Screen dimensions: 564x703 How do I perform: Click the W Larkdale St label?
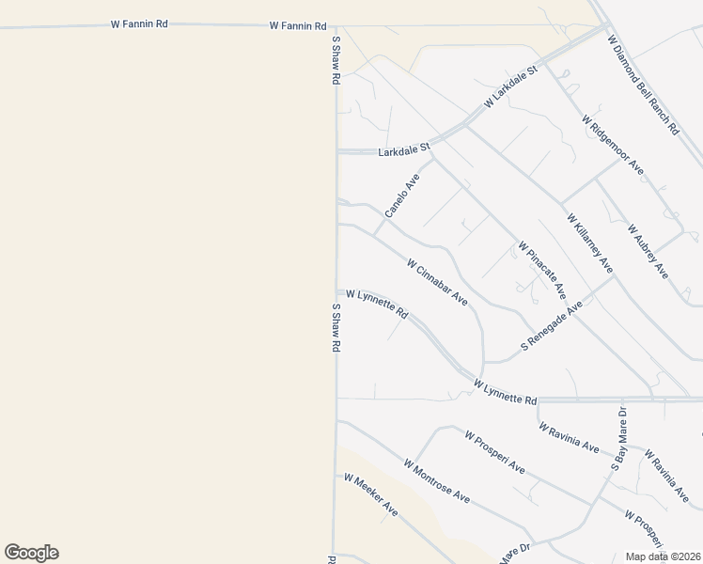click(510, 86)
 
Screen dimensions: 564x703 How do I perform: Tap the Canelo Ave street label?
click(401, 195)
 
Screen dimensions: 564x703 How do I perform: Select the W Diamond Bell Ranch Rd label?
click(643, 86)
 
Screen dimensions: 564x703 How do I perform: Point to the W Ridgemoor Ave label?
click(612, 145)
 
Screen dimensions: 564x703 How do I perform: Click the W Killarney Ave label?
click(589, 243)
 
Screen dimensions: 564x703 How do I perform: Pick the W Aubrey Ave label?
click(648, 251)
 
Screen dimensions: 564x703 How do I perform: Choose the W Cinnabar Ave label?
click(437, 282)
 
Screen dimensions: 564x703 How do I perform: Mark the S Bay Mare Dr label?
click(619, 438)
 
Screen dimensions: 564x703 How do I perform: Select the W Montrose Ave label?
click(436, 480)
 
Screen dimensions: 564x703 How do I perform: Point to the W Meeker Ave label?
click(370, 494)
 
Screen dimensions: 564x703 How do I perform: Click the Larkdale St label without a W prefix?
click(403, 149)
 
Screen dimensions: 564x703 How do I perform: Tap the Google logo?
click(31, 553)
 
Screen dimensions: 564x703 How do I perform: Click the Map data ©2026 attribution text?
click(663, 556)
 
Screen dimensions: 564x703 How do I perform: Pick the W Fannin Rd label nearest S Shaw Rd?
click(298, 26)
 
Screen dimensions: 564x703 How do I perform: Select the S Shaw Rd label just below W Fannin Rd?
click(335, 60)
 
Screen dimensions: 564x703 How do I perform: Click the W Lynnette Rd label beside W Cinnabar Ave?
click(377, 303)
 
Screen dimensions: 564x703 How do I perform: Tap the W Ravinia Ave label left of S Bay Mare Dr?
click(569, 437)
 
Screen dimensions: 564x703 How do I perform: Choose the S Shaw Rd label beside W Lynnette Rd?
click(335, 327)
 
